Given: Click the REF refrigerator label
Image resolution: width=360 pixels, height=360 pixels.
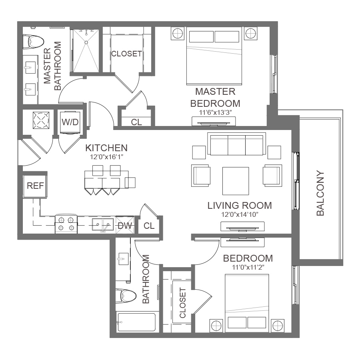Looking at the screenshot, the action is (35, 186).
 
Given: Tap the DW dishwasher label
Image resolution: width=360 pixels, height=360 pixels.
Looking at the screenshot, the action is (125, 226).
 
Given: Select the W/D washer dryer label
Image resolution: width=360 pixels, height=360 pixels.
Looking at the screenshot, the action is (70, 122).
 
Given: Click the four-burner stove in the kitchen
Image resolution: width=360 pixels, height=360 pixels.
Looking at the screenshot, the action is (66, 224).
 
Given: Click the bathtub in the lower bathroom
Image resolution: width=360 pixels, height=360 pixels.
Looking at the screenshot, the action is (137, 322).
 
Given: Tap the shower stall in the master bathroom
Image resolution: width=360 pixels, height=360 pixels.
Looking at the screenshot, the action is (86, 51).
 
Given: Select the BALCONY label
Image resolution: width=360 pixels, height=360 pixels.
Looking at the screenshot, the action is (320, 193).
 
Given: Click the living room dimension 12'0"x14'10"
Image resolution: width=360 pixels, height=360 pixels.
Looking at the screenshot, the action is (240, 214).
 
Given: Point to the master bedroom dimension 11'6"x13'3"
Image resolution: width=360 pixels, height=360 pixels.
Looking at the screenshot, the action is (215, 112).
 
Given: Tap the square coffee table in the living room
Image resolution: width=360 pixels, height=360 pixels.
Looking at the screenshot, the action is (236, 181).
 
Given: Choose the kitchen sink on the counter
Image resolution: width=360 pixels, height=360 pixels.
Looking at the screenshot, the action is (103, 224).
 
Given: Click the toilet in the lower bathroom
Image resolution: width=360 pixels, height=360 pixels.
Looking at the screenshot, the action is (126, 296).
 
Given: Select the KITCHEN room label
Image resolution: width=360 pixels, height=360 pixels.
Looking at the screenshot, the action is (106, 148).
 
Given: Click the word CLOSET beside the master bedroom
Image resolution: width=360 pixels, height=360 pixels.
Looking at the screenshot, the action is (126, 54).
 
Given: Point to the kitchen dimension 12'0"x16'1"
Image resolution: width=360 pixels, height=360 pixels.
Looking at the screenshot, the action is (106, 157).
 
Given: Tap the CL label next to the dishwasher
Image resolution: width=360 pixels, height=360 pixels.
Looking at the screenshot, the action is (149, 226).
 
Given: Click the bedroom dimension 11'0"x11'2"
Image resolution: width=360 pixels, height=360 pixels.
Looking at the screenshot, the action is (248, 267).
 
